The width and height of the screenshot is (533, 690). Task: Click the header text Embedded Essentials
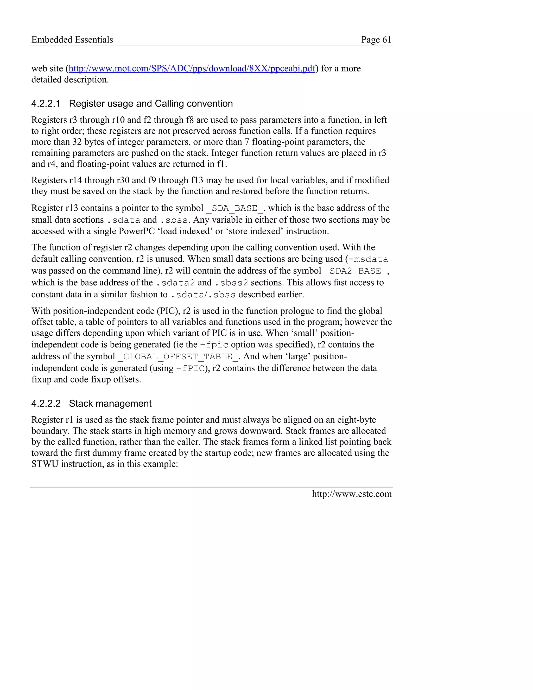click(x=72, y=40)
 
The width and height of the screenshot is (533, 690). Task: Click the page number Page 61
click(x=376, y=40)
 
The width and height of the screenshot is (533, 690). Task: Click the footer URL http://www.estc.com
click(x=352, y=494)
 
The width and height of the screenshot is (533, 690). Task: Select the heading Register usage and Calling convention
click(x=151, y=104)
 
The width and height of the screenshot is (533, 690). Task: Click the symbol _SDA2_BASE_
click(x=355, y=271)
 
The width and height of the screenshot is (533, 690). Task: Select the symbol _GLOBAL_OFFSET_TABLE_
click(x=178, y=357)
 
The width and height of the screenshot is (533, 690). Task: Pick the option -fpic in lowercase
click(x=214, y=345)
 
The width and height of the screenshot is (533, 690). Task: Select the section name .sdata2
click(x=176, y=283)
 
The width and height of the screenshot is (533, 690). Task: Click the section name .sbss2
click(x=231, y=283)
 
